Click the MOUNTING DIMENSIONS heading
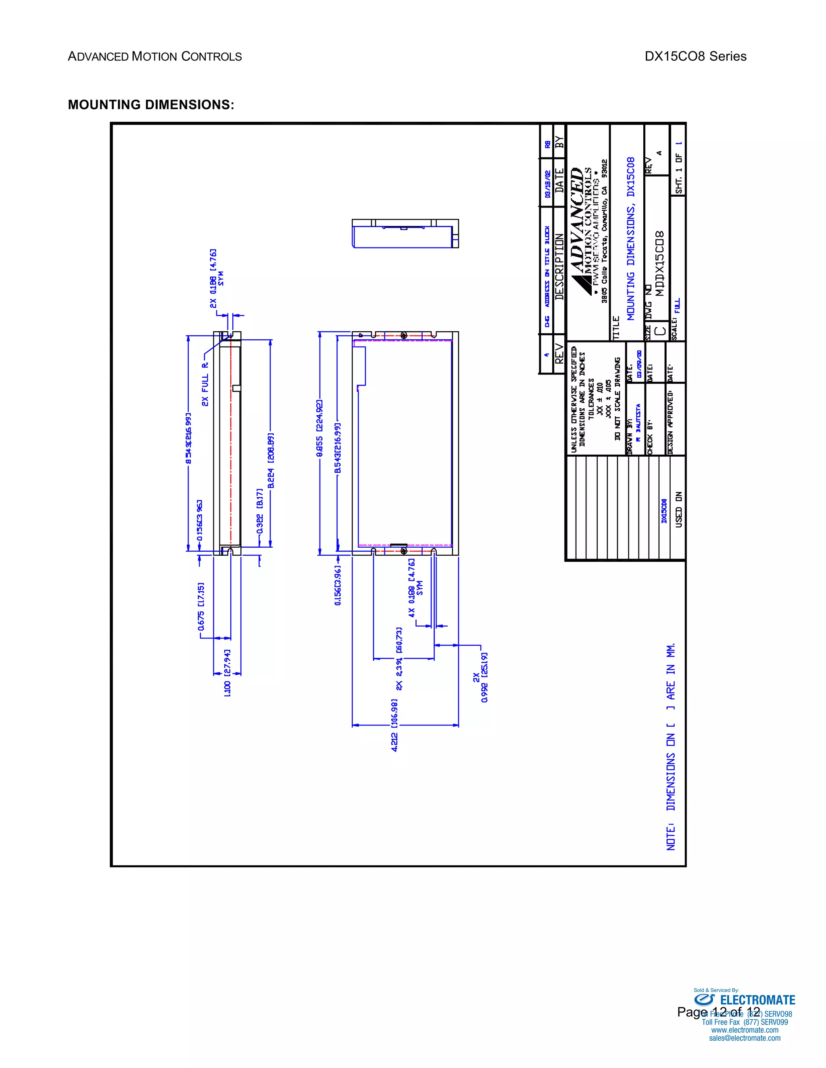151,105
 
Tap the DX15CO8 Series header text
695,56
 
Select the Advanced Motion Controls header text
154,57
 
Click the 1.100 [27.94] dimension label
227,673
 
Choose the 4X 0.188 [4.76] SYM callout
415,587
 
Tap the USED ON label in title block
679,509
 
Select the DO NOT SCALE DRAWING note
617,399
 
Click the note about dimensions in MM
671,746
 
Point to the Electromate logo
744,1000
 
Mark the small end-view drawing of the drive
405,234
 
